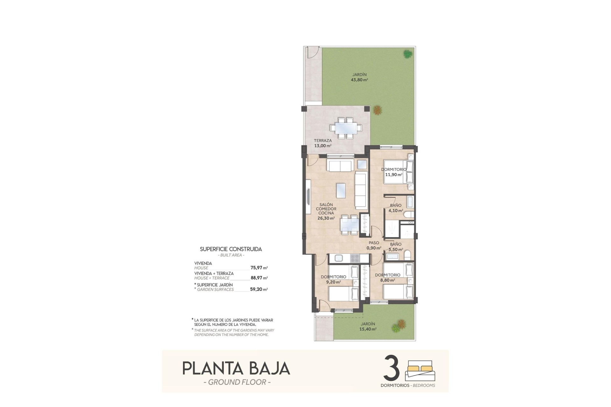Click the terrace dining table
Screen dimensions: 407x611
click(346, 128)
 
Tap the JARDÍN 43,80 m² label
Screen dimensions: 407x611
click(359, 77)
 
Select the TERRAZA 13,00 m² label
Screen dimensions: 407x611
click(323, 143)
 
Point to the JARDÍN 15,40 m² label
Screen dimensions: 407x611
click(368, 327)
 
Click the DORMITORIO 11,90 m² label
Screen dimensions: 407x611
click(394, 172)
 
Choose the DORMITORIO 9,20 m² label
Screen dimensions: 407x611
click(333, 279)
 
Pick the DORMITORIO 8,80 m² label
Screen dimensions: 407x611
click(387, 278)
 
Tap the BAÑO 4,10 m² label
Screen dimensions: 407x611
click(396, 208)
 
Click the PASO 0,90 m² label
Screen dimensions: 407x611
click(374, 245)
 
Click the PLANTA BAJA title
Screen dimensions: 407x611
click(236, 368)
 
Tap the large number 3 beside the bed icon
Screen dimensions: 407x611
click(392, 368)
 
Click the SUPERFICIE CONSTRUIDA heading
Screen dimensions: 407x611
click(231, 249)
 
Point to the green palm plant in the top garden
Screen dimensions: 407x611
click(407, 54)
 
